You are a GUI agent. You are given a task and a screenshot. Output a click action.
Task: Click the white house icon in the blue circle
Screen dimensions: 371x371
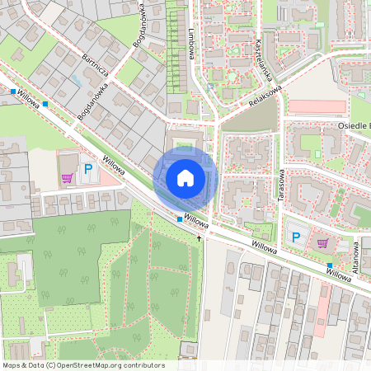pyautogui.click(x=185, y=178)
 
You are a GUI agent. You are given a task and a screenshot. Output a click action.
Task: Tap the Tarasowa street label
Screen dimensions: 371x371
pyautogui.click(x=281, y=188)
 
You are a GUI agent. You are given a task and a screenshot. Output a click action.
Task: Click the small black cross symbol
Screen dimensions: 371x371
pyautogui.click(x=199, y=237)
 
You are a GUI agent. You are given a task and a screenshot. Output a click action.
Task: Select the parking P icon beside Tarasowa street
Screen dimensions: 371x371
pyautogui.click(x=295, y=237)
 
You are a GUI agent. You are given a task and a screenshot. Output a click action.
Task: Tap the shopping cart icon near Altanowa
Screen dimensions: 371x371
pyautogui.click(x=322, y=243)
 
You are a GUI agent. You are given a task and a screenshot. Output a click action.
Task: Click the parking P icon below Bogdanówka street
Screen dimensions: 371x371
pyautogui.click(x=88, y=169)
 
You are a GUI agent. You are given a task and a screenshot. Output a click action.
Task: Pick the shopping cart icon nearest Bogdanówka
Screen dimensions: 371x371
pyautogui.click(x=67, y=177)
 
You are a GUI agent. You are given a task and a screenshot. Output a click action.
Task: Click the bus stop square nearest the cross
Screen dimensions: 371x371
pyautogui.click(x=180, y=219)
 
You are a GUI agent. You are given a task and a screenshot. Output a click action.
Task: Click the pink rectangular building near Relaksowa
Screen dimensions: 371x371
pyautogui.click(x=316, y=107)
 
